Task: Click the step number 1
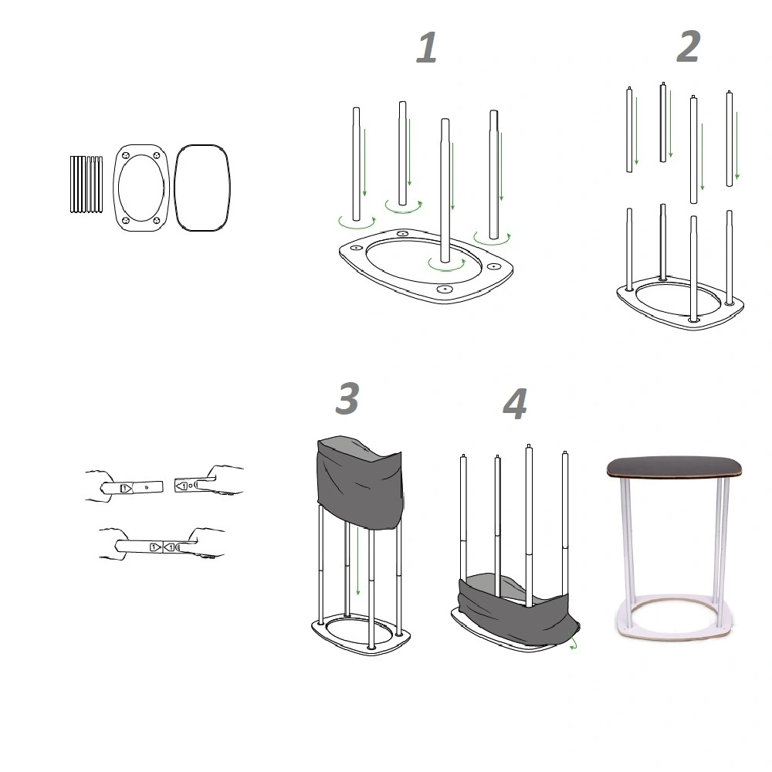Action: (x=427, y=47)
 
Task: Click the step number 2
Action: (x=689, y=46)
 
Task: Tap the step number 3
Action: (x=347, y=398)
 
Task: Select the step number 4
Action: (x=515, y=405)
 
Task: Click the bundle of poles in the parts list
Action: (x=86, y=185)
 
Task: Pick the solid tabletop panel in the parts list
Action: (x=201, y=188)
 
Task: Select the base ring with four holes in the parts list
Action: (x=141, y=188)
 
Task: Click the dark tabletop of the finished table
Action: (x=674, y=467)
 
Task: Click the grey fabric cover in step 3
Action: (x=360, y=482)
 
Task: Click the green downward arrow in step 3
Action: (x=358, y=561)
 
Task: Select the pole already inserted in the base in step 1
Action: (x=445, y=191)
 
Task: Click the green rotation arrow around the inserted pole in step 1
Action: (x=446, y=269)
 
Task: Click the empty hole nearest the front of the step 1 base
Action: (x=445, y=289)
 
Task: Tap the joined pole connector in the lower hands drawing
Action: (x=163, y=547)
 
